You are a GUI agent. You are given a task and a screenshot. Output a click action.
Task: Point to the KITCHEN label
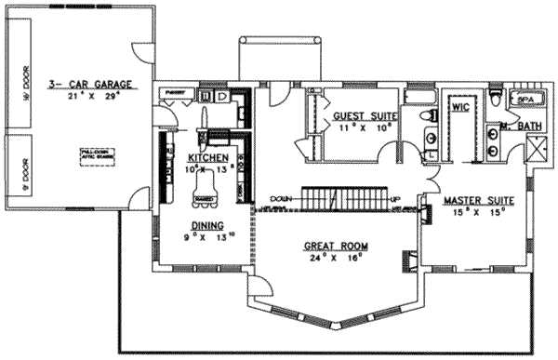click(207, 158)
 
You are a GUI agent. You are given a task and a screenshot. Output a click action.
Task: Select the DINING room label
click(206, 225)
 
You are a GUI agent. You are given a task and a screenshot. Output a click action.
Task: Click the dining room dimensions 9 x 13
click(207, 236)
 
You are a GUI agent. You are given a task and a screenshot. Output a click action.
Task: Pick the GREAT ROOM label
click(335, 247)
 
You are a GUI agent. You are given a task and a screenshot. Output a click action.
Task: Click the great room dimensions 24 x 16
click(336, 259)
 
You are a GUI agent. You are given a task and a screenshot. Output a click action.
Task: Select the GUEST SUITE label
click(365, 116)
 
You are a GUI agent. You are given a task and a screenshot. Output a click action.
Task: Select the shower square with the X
click(537, 148)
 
